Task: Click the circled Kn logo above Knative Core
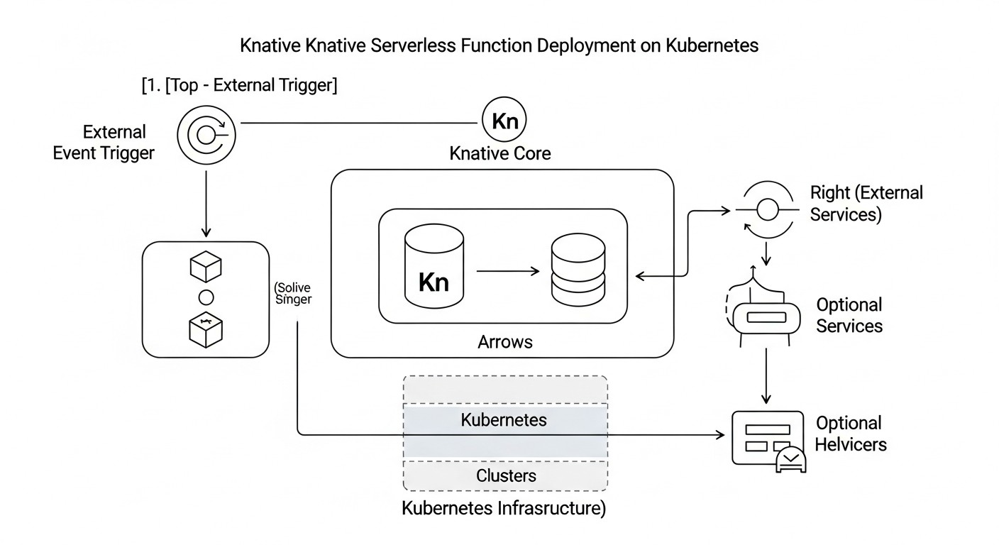(504, 121)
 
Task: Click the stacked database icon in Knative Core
(578, 272)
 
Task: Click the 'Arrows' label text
(504, 341)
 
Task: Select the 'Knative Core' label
(500, 153)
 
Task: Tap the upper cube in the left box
(206, 267)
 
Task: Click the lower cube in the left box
(206, 329)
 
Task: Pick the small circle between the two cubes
(206, 297)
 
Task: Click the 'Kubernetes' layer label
(504, 419)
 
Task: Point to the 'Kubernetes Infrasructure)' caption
(504, 509)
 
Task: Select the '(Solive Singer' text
(292, 294)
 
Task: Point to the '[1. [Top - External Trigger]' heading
(239, 86)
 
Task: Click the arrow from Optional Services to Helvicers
(766, 376)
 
